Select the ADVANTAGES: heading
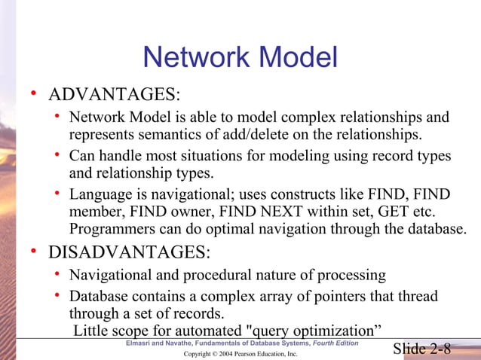(115, 95)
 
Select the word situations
(219, 156)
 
